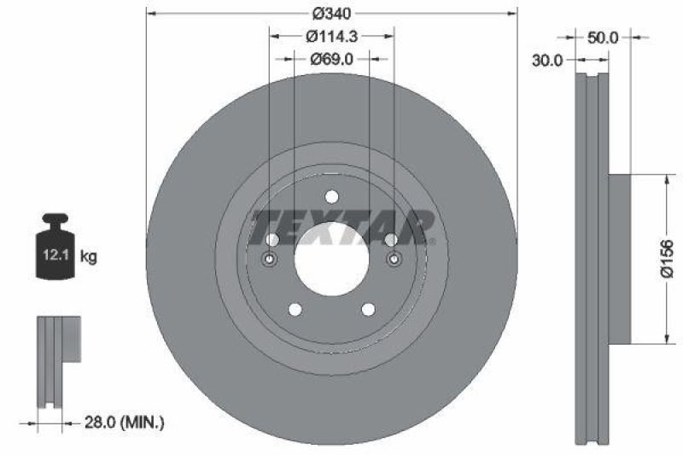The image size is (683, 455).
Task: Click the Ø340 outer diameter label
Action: coord(332,14)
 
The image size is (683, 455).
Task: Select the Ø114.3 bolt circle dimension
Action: coord(332,37)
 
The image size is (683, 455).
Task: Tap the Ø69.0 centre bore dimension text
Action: coord(332,59)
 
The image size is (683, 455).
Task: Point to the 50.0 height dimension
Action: coord(603,37)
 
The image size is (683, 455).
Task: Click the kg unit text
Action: coord(88,254)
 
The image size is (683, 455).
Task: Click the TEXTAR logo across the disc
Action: coord(341,226)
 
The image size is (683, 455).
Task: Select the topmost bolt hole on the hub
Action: coord(332,197)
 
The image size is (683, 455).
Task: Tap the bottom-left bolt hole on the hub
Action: coord(295,309)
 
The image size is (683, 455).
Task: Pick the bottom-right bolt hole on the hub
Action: coord(369,309)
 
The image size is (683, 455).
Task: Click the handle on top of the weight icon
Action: coord(53,220)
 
